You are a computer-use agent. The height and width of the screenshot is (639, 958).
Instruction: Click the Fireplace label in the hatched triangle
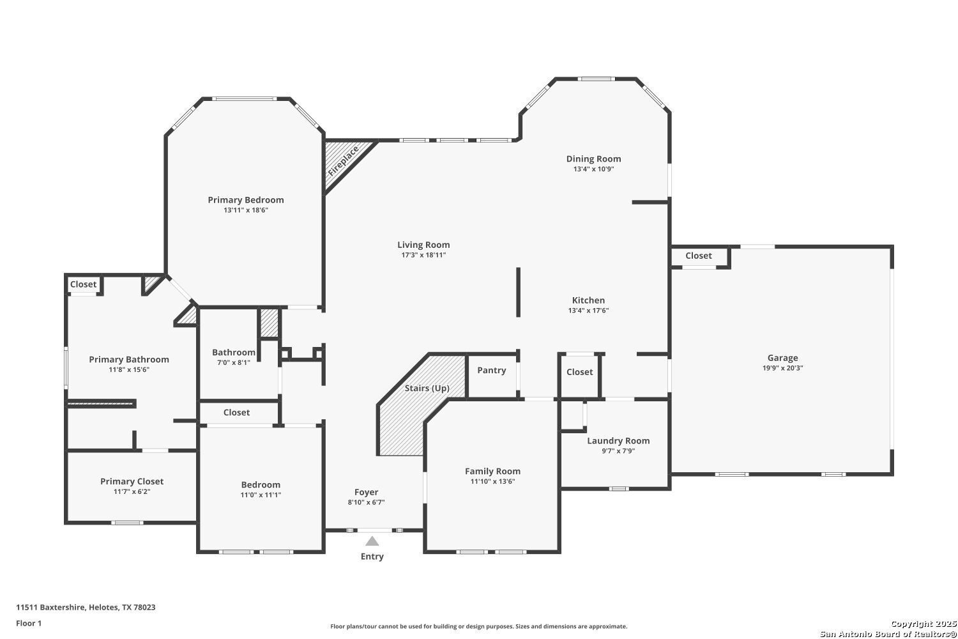coord(344,162)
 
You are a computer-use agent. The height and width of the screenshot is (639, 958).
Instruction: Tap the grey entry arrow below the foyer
coord(372,541)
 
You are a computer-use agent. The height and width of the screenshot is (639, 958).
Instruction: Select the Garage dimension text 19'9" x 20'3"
coord(782,368)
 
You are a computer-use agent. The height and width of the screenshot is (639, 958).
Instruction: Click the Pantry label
coord(491,370)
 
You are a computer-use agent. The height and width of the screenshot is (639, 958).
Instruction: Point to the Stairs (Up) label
coord(427,389)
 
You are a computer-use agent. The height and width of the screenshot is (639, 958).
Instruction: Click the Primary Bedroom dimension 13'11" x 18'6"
coord(246,210)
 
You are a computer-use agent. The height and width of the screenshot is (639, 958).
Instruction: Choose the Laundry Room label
coord(618,441)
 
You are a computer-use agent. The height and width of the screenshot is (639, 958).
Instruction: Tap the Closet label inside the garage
coord(699,256)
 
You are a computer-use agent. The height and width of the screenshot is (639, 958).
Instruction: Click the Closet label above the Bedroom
coord(236,412)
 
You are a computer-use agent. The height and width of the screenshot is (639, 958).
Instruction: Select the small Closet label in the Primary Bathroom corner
coord(84,284)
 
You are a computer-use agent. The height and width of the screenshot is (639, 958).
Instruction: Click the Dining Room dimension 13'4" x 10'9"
coord(593,169)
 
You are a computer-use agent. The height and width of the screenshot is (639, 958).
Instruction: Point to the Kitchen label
coord(588,300)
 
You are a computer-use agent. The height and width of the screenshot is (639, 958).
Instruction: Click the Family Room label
coord(492,471)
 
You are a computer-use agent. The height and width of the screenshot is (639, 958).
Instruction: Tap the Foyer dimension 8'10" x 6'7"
coord(366,502)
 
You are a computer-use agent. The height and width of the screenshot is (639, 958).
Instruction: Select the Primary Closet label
coord(132,482)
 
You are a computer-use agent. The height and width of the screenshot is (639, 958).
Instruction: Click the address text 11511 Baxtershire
coord(50,607)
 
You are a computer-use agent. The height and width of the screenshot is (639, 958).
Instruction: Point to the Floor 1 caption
coord(29,623)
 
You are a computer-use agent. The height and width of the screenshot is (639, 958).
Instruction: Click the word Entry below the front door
coord(372,557)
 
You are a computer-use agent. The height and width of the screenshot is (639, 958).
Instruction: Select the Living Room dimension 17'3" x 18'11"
coord(423,255)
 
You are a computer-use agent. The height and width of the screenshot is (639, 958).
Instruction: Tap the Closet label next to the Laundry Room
coord(579,372)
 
